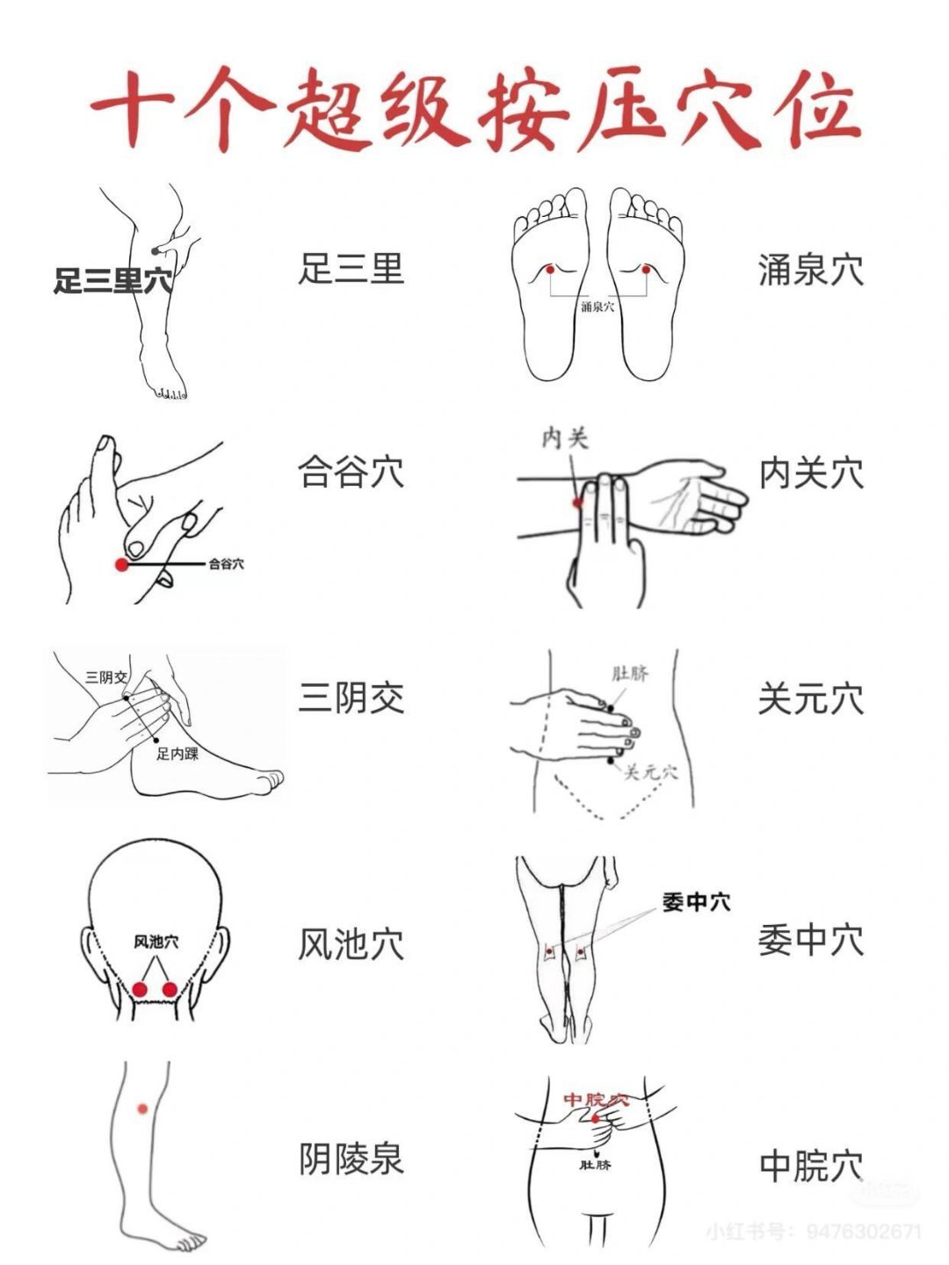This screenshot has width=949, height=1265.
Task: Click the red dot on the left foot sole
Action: pyautogui.click(x=550, y=269)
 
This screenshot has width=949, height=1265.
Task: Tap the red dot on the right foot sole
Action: pyautogui.click(x=646, y=269)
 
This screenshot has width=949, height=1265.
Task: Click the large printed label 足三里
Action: pyautogui.click(x=351, y=269)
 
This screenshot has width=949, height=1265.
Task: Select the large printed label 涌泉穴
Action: pyautogui.click(x=811, y=271)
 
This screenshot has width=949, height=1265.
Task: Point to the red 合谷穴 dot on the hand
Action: pyautogui.click(x=121, y=565)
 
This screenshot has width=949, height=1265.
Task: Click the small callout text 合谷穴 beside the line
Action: pyautogui.click(x=226, y=564)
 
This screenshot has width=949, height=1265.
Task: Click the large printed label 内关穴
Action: pyautogui.click(x=811, y=473)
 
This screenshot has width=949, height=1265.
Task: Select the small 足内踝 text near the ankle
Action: pyautogui.click(x=177, y=754)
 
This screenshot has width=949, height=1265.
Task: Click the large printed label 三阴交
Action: pyautogui.click(x=351, y=697)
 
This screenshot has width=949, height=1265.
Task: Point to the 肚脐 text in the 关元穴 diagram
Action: pyautogui.click(x=630, y=673)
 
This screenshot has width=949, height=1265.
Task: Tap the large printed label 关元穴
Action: pyautogui.click(x=811, y=699)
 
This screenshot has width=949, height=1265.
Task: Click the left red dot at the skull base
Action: pyautogui.click(x=140, y=989)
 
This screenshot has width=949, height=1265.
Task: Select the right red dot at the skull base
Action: pyautogui.click(x=170, y=989)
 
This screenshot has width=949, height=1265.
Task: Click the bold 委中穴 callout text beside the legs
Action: pyautogui.click(x=696, y=902)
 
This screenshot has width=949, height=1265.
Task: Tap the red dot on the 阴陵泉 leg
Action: pyautogui.click(x=142, y=1109)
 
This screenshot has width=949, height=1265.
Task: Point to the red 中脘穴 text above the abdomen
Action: pyautogui.click(x=596, y=1100)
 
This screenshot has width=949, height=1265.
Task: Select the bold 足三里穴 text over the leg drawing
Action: pyautogui.click(x=113, y=280)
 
